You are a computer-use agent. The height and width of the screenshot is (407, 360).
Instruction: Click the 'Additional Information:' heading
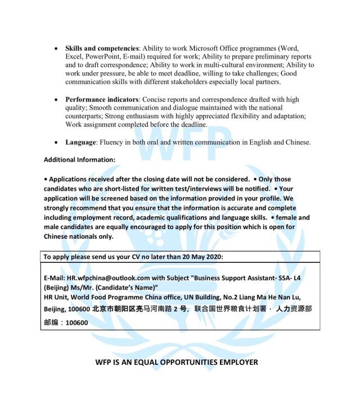pos(79,160)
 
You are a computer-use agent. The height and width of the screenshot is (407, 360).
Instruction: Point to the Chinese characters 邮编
pos(51,323)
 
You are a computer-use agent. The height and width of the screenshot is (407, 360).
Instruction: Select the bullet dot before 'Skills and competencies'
pos(56,49)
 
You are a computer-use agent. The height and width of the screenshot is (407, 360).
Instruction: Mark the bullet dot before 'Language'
pos(56,142)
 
